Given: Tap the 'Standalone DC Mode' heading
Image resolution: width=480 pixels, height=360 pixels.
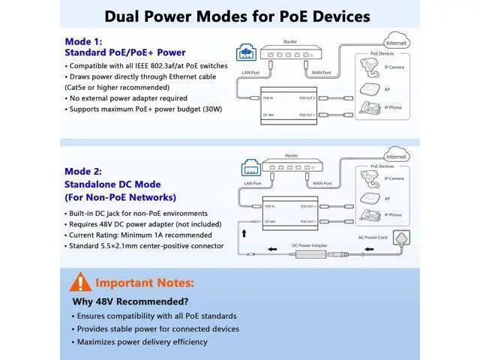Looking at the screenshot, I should click(x=112, y=184).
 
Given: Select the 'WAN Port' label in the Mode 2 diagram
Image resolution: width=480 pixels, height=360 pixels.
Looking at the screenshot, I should click(x=322, y=183).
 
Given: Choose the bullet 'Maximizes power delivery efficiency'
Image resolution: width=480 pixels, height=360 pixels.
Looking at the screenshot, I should click(x=138, y=342).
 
